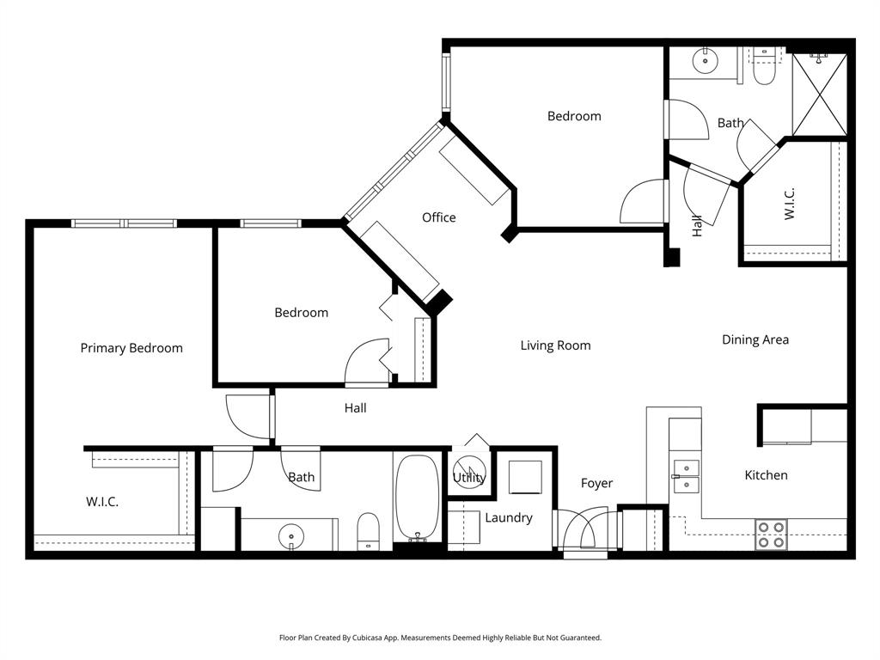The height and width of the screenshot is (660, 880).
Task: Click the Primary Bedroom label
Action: click(131, 348)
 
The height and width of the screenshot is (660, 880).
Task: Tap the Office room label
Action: click(438, 217)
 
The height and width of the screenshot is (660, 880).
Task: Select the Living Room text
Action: click(555, 345)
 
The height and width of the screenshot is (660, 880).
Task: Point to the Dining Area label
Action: click(755, 339)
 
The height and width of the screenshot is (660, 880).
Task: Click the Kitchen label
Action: click(766, 475)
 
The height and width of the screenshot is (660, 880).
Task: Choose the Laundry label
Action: click(508, 517)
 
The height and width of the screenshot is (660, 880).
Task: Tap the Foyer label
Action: click(596, 483)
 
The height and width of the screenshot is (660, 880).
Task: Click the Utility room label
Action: click(469, 478)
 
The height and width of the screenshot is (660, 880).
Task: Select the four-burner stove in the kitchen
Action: click(771, 535)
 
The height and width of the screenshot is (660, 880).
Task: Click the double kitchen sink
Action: click(686, 476)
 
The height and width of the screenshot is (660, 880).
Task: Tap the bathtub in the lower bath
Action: click(418, 497)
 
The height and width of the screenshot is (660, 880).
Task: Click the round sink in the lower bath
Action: click(291, 535)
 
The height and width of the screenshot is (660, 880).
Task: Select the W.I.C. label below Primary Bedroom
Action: click(102, 502)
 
